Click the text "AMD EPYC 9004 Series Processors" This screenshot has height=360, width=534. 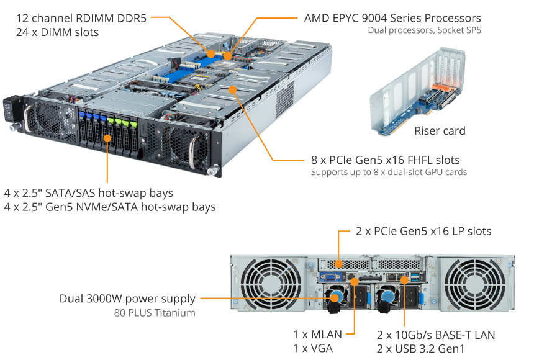point(392,18)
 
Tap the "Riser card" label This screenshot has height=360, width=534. point(440,131)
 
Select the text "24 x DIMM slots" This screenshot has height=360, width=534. point(57,32)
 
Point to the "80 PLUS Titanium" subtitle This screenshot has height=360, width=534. point(155,313)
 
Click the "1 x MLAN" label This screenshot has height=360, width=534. point(317,335)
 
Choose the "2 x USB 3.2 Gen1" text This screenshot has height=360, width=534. point(420,349)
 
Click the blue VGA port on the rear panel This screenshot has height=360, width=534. point(330,277)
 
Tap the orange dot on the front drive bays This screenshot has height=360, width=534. point(107,138)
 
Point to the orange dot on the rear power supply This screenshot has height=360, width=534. point(335,298)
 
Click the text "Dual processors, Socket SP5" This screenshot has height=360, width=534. point(424,30)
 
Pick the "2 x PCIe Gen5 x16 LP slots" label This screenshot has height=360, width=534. point(423,232)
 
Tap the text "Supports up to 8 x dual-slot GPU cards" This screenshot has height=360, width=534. point(389,172)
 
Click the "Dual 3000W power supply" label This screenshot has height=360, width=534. point(127,299)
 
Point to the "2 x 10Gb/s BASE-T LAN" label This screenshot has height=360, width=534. point(436,335)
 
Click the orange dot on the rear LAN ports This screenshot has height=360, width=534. point(404,280)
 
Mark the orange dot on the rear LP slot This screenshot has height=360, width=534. point(338,264)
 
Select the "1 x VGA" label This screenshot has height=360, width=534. point(313,348)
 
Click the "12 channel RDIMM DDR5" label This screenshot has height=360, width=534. point(81,18)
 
